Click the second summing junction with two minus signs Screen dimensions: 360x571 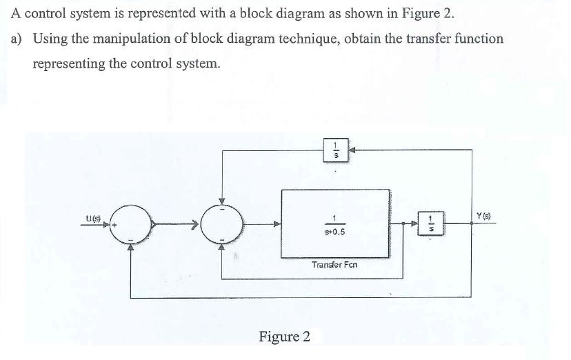(x=221, y=223)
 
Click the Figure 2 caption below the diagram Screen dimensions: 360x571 (x=284, y=337)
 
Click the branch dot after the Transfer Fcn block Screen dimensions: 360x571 (x=404, y=223)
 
